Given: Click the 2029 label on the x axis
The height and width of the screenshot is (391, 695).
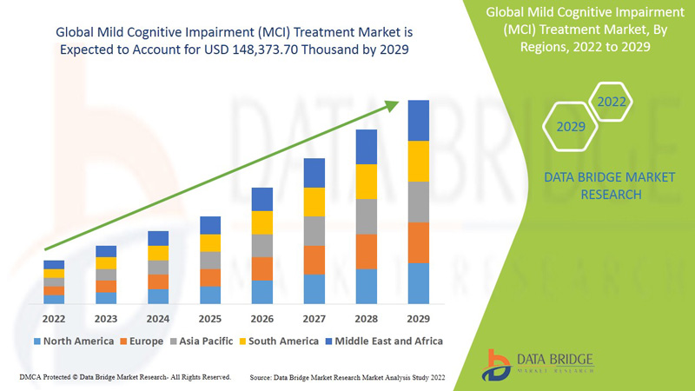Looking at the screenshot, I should pyautogui.click(x=419, y=318).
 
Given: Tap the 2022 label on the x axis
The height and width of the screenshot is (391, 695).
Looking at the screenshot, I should pyautogui.click(x=54, y=318).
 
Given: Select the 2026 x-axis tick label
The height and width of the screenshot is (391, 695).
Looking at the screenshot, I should pyautogui.click(x=262, y=318).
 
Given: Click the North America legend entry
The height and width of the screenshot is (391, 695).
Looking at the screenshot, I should pyautogui.click(x=73, y=341).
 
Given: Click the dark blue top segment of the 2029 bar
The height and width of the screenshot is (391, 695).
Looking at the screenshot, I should pyautogui.click(x=419, y=120).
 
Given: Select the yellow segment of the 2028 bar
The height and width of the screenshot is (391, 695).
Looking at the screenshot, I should pyautogui.click(x=367, y=181).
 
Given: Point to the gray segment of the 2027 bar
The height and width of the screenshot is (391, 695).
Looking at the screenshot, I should pyautogui.click(x=314, y=231).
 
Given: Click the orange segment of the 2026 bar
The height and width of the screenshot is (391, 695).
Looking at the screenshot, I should pyautogui.click(x=262, y=268).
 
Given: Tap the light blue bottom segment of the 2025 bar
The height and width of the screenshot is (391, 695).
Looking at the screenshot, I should pyautogui.click(x=210, y=295).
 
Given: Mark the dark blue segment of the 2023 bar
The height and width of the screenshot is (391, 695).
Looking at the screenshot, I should pyautogui.click(x=106, y=251).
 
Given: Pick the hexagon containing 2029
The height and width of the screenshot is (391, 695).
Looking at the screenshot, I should pyautogui.click(x=570, y=127).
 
